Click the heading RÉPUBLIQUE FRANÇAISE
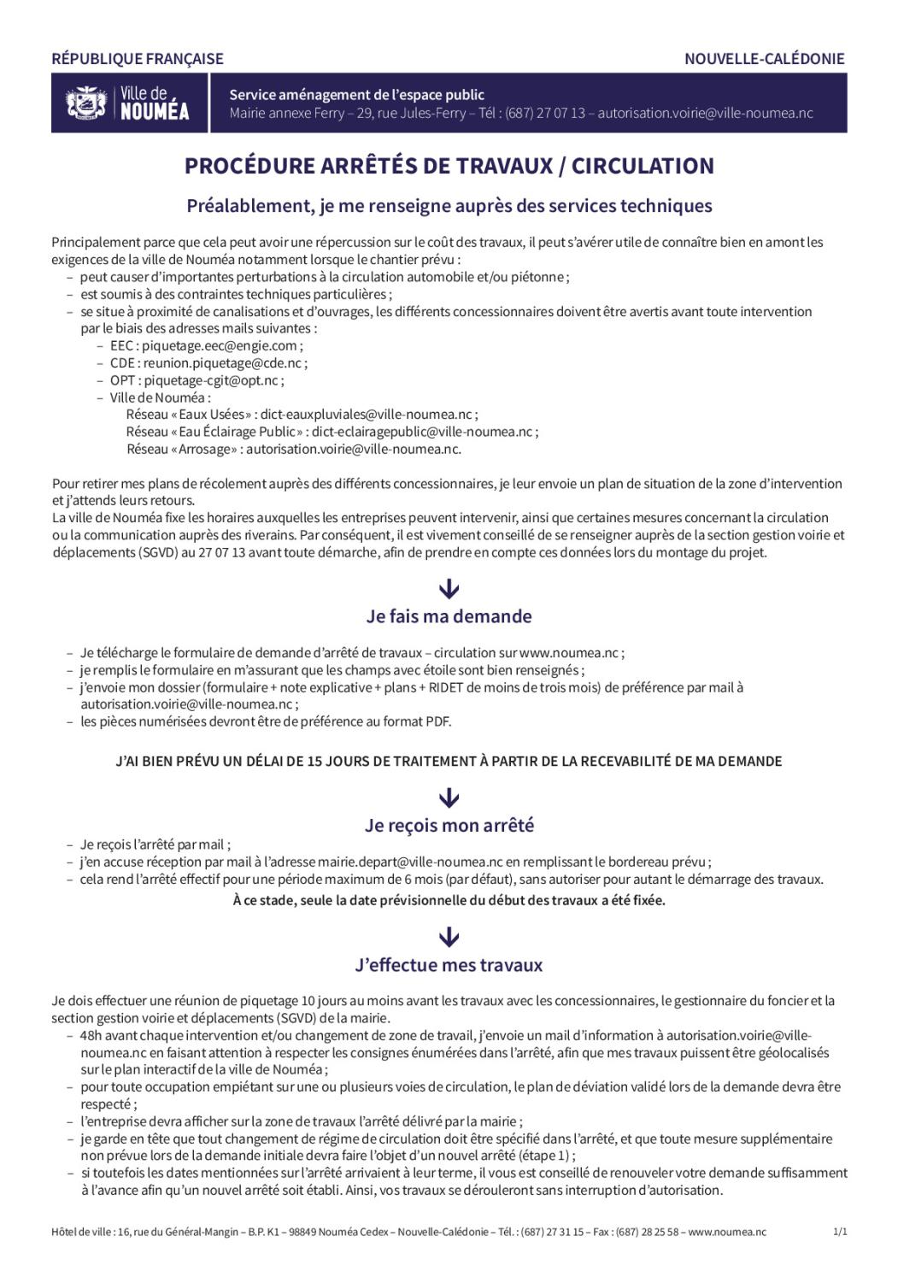pos(138,59)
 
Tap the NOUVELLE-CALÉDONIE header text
pos(764,59)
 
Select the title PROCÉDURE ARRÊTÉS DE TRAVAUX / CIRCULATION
pos(449,166)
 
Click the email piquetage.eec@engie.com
pos(220,345)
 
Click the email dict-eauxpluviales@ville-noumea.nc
pos(367,415)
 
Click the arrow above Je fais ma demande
pos(449,589)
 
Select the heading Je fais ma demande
pos(449,616)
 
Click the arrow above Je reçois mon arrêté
pos(449,798)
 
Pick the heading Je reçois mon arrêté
pos(449,826)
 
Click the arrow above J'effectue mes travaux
pos(449,938)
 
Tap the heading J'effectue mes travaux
pos(449,965)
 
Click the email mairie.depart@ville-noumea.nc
pos(409,862)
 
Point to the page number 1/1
pos(840,1232)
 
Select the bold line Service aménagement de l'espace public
pos(356,95)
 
